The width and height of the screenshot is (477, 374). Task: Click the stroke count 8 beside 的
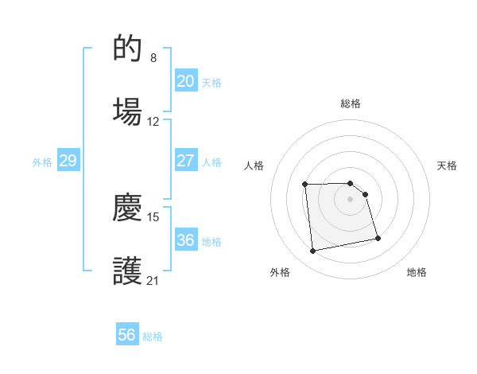(x=153, y=57)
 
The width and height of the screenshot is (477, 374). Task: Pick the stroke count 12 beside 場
(x=153, y=122)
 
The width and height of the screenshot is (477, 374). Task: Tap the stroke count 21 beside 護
(x=153, y=280)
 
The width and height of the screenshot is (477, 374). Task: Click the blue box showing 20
(x=185, y=81)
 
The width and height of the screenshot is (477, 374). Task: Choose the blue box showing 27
(x=185, y=161)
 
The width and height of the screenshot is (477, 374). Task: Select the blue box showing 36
(x=185, y=240)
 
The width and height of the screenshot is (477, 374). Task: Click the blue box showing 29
(x=68, y=161)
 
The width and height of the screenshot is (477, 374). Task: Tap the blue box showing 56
(x=127, y=335)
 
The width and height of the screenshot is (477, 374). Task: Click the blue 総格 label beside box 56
(x=153, y=337)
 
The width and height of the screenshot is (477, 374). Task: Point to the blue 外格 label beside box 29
(x=42, y=162)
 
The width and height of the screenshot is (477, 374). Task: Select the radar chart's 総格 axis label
(x=351, y=103)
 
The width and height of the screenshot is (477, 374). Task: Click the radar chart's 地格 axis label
(x=417, y=272)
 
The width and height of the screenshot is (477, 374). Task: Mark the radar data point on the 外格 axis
(x=313, y=251)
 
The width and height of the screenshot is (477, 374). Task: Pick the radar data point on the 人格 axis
(x=305, y=185)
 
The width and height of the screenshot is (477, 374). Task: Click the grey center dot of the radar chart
(x=351, y=199)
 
